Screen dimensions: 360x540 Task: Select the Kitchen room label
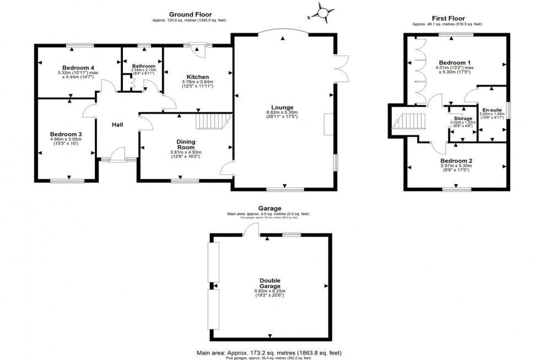[x=195, y=77]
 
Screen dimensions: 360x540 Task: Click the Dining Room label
[x=186, y=144]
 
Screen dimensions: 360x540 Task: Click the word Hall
[x=117, y=125]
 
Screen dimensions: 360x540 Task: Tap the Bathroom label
[x=143, y=66]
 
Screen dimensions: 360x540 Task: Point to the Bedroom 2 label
[x=456, y=160]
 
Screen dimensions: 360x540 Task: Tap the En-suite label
[x=492, y=110]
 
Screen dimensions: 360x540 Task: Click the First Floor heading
[x=447, y=19]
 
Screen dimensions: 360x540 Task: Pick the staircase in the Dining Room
[x=212, y=121]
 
